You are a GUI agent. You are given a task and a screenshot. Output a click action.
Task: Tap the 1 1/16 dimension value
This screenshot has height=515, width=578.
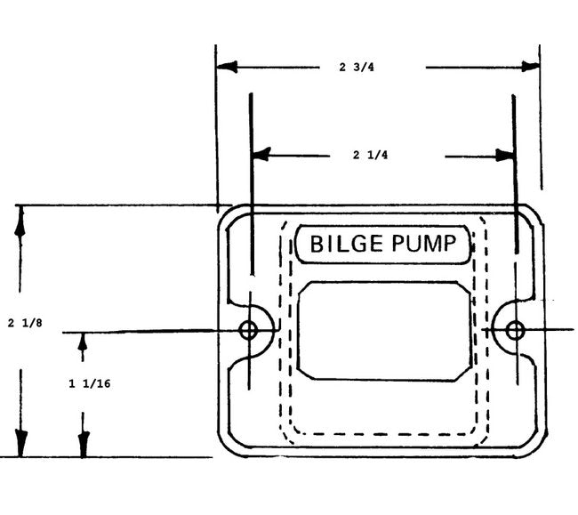click(x=84, y=384)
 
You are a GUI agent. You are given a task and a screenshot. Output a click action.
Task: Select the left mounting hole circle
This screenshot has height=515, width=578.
click(x=249, y=331)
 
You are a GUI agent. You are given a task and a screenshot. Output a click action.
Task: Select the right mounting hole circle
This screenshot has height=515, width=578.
click(x=514, y=331)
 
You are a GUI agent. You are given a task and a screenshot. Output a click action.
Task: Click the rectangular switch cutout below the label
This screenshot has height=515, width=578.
click(x=384, y=331)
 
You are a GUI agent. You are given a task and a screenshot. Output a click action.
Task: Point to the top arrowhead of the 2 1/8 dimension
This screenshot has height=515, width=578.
click(x=20, y=219)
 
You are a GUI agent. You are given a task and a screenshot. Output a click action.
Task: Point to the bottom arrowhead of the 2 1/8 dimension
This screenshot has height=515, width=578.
click(x=20, y=444)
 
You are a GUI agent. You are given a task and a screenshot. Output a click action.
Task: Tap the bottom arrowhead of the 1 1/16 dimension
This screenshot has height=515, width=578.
click(x=84, y=445)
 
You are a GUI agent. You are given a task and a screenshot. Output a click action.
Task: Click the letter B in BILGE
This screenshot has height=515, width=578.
click(x=314, y=243)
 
